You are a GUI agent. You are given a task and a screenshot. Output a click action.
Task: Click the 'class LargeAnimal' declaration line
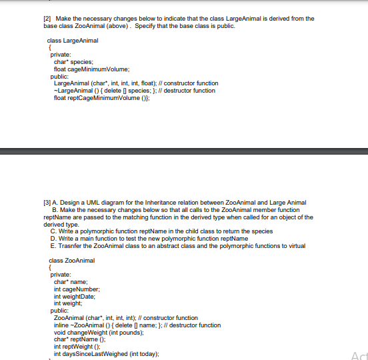point(73,41)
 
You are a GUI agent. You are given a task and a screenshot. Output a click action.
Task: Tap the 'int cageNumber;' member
point(77,289)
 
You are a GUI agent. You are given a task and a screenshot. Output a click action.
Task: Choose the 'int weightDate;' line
point(75,296)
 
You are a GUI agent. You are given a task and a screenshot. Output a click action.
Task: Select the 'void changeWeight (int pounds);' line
point(98,332)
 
